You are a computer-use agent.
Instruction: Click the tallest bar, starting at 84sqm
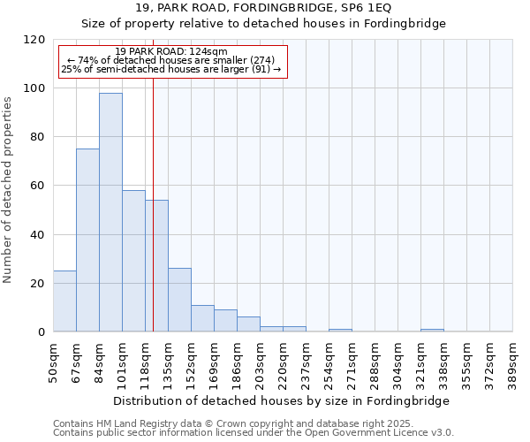(x=110, y=212)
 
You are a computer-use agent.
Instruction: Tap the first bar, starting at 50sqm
(x=64, y=301)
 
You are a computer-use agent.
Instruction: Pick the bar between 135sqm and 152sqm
(x=179, y=300)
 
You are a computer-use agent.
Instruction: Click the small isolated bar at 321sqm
(x=432, y=330)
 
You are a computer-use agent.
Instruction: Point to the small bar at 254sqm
(x=340, y=330)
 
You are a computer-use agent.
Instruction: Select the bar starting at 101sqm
(x=133, y=261)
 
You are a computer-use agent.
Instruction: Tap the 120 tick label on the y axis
(x=34, y=40)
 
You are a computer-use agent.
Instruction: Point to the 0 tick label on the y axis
(x=42, y=332)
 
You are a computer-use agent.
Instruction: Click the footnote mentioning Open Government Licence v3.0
(x=253, y=433)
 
